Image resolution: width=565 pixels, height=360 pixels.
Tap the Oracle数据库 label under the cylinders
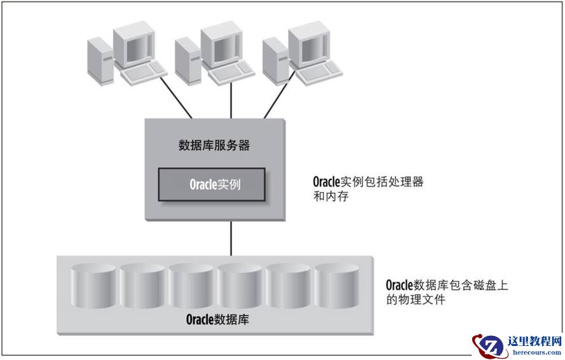click(217, 319)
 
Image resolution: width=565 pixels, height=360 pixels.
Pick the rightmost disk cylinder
click(337, 286)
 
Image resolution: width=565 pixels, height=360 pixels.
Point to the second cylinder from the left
click(142, 286)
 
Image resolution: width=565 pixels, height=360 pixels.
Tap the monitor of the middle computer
click(220, 45)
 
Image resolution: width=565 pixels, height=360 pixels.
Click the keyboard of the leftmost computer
click(144, 75)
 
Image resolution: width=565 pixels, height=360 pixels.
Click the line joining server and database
click(230, 237)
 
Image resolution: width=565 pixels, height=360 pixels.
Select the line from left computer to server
click(179, 101)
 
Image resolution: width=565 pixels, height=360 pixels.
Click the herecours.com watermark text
click(534, 352)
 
